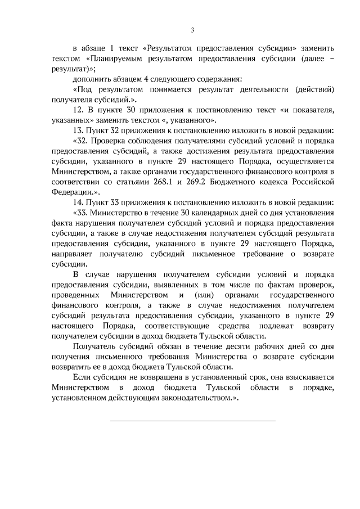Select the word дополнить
(91, 79)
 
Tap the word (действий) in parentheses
(316, 89)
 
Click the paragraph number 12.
(78, 110)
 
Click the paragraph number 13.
(78, 130)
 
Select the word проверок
(318, 285)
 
